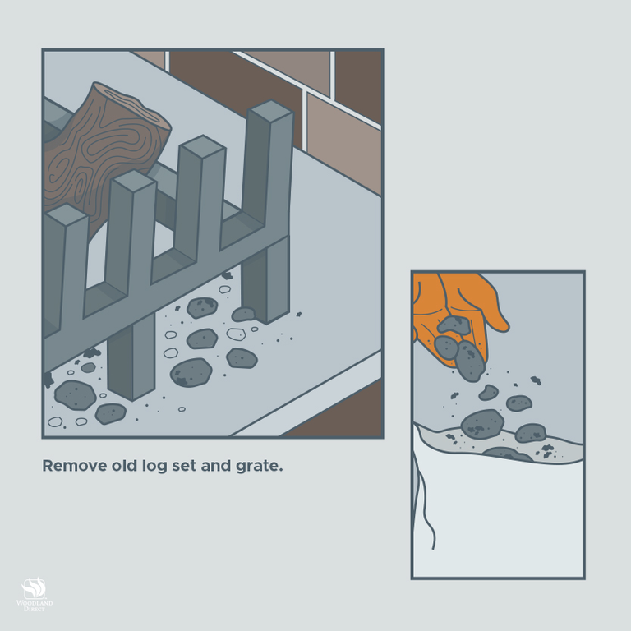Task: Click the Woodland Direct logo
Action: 35,595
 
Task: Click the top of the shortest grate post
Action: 66,215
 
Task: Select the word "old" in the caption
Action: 123,466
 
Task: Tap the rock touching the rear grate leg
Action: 243,315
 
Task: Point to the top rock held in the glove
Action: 454,325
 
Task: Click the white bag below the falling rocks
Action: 498,519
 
